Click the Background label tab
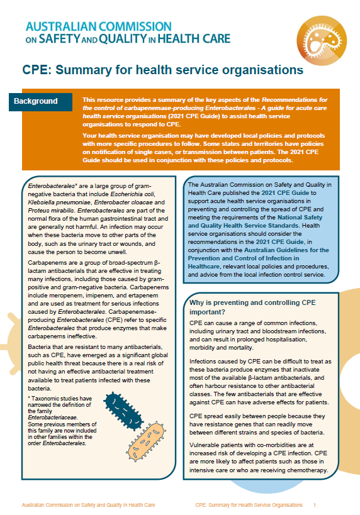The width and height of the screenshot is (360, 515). click(x=40, y=101)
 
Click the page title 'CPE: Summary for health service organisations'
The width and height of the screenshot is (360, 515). click(x=164, y=70)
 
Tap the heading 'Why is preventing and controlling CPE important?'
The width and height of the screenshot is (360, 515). click(x=252, y=307)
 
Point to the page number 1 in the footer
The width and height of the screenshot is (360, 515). click(x=315, y=505)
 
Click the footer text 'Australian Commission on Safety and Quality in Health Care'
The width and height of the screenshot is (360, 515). click(x=87, y=505)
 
